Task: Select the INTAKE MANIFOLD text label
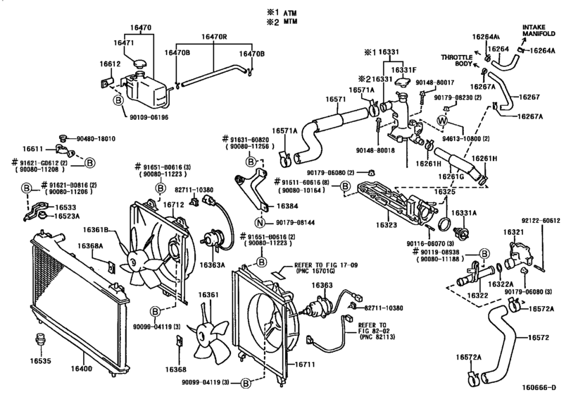(x=539, y=30)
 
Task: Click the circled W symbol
(x=442, y=120)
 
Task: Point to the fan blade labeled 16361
(x=208, y=294)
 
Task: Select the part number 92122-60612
(x=542, y=221)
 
